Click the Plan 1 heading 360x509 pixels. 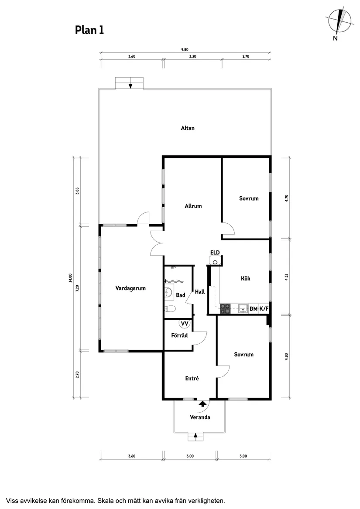pyautogui.click(x=89, y=30)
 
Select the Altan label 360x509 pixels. pyautogui.click(x=188, y=128)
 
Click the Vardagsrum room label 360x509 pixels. pyautogui.click(x=130, y=288)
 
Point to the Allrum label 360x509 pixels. pyautogui.click(x=193, y=206)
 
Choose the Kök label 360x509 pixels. pyautogui.click(x=245, y=278)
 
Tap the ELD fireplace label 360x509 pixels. pyautogui.click(x=215, y=253)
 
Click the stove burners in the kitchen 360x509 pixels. pyautogui.click(x=225, y=308)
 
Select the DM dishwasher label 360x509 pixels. pyautogui.click(x=254, y=309)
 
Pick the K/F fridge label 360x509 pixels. pyautogui.click(x=264, y=309)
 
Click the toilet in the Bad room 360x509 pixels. pyautogui.click(x=170, y=308)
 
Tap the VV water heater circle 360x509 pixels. pyautogui.click(x=185, y=323)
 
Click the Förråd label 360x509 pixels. pyautogui.click(x=179, y=335)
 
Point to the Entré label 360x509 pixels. pyautogui.click(x=192, y=378)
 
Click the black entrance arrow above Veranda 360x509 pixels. pyautogui.click(x=202, y=403)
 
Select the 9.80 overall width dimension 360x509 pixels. pyautogui.click(x=185, y=50)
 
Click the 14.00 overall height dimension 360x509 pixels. pyautogui.click(x=70, y=278)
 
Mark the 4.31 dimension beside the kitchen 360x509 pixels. pyautogui.click(x=286, y=277)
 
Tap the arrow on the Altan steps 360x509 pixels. pyautogui.click(x=130, y=85)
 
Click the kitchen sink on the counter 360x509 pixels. pyautogui.click(x=242, y=308)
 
